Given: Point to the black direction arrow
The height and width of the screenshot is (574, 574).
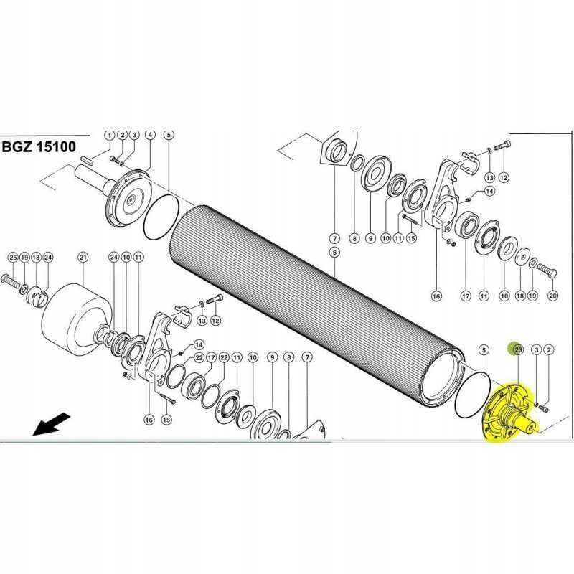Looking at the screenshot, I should click(51, 425).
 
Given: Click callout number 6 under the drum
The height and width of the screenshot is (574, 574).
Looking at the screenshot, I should click(334, 252).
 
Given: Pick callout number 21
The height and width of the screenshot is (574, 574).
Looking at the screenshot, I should click(83, 257).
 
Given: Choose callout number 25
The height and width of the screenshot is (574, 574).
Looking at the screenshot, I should click(12, 257).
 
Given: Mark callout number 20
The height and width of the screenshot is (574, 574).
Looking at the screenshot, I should click(552, 295).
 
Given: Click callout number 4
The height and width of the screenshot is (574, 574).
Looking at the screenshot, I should click(150, 135).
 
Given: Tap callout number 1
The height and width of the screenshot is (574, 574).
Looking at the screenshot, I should click(109, 135).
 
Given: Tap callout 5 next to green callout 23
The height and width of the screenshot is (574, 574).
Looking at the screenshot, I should click(484, 349).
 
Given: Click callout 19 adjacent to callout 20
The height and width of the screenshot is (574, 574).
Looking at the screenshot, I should click(532, 295).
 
